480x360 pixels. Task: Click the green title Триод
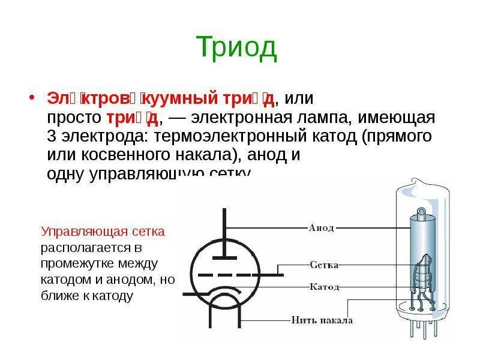click(236, 47)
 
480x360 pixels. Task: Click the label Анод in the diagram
click(321, 228)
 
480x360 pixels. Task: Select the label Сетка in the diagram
click(325, 265)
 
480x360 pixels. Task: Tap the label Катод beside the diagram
click(325, 287)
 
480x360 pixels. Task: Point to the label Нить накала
click(322, 320)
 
